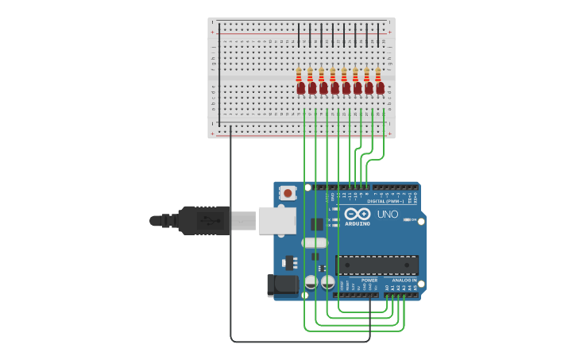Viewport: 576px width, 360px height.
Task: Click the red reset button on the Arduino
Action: (288, 192)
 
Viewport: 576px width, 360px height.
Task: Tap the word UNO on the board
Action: (388, 215)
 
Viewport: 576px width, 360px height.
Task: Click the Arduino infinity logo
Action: (358, 214)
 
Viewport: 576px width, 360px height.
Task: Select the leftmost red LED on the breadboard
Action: (300, 88)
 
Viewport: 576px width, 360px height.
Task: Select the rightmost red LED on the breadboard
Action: (380, 88)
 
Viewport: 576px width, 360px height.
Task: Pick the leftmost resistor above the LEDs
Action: (299, 74)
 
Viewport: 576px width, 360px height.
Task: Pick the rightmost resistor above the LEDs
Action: (378, 74)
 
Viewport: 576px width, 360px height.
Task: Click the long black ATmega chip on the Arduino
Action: (377, 265)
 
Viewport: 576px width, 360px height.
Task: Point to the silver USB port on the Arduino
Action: (277, 220)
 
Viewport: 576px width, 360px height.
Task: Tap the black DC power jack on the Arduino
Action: (282, 285)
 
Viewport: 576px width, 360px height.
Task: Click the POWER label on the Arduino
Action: (369, 281)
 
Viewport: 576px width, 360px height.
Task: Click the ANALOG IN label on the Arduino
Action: (404, 281)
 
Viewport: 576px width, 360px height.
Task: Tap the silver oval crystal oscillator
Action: (315, 242)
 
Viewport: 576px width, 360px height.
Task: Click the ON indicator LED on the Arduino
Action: (408, 219)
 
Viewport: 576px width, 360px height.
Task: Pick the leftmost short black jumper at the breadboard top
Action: (299, 35)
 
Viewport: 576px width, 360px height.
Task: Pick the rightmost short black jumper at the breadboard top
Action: (378, 35)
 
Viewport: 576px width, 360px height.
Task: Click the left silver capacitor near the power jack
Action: (311, 282)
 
